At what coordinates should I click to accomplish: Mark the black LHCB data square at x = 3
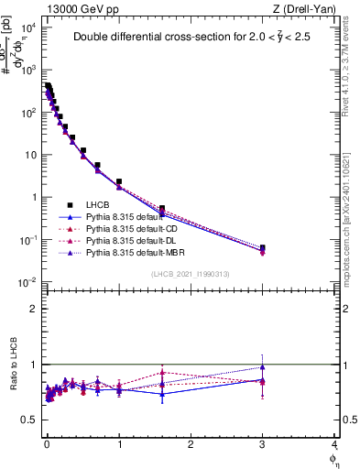(x=263, y=248)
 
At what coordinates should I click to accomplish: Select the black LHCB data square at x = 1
(x=119, y=182)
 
